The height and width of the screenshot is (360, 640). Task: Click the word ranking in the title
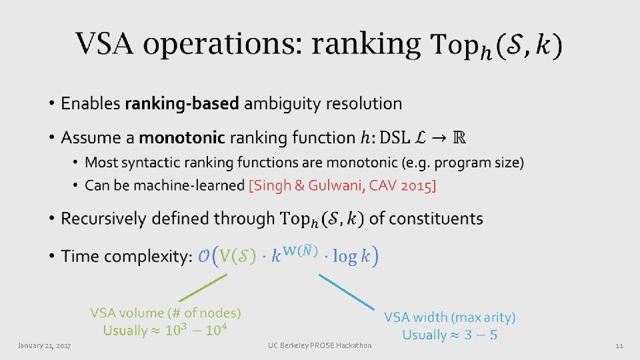click(x=366, y=45)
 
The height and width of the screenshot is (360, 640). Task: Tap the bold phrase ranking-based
click(x=183, y=103)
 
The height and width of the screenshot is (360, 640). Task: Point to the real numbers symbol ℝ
click(x=459, y=138)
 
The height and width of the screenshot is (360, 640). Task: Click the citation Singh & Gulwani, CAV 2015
click(x=342, y=185)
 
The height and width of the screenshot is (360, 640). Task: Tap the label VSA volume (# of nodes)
click(x=166, y=313)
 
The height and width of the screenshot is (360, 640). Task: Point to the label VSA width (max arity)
click(x=449, y=318)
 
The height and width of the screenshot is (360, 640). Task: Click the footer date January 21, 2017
click(x=45, y=345)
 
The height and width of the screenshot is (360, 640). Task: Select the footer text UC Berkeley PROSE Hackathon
click(x=319, y=345)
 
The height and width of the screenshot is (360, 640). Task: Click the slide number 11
click(x=619, y=345)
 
